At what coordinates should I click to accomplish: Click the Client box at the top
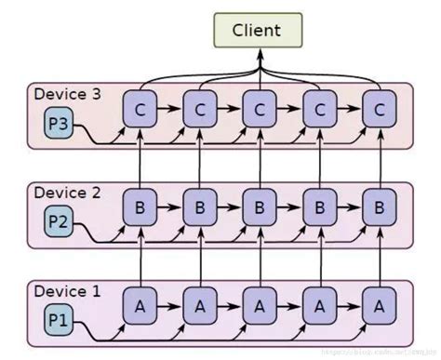258,30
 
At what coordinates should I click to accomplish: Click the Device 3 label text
66,94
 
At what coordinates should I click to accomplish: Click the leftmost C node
140,110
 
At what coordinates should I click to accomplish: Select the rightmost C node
378,110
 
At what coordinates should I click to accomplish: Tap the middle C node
259,110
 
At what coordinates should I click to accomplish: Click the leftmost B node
140,207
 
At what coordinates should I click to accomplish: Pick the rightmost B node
378,207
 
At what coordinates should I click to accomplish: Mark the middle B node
259,207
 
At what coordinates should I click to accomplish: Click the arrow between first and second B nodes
169,207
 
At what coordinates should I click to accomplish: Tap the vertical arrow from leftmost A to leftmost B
140,255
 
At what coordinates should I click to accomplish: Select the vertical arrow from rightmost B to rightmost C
378,158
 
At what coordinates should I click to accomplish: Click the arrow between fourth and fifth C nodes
348,110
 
